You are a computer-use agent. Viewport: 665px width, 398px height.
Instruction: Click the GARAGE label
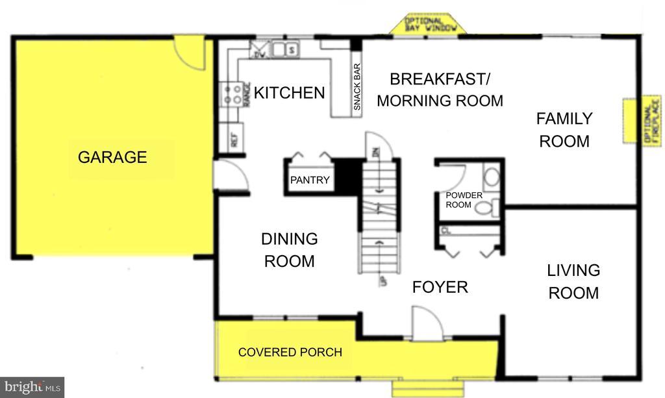112,157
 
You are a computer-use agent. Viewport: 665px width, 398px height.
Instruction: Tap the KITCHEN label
289,93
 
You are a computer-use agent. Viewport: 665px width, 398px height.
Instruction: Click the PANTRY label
310,180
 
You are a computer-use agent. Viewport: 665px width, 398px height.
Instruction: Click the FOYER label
440,287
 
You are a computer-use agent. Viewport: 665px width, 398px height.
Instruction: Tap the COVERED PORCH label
290,353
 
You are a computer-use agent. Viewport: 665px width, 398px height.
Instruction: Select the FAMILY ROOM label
564,130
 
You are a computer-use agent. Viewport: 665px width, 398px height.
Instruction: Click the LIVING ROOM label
573,281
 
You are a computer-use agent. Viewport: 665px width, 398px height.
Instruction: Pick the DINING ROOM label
289,250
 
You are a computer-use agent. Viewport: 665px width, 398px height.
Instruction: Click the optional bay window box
427,24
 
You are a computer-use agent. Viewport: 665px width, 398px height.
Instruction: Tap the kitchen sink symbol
284,49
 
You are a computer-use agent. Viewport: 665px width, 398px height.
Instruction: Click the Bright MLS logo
32,387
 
